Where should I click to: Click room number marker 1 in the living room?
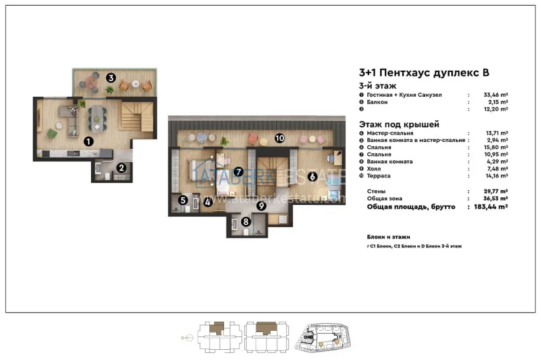88,142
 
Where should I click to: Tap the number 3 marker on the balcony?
110,78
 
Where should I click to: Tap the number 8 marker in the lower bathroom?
246,221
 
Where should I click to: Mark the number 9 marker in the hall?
261,205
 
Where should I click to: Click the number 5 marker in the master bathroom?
183,200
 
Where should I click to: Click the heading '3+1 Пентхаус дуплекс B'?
425,73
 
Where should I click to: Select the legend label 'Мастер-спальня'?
390,133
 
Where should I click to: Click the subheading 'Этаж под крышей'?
399,124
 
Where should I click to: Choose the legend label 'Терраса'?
380,176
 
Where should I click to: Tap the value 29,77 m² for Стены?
495,191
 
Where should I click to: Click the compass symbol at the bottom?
183,338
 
